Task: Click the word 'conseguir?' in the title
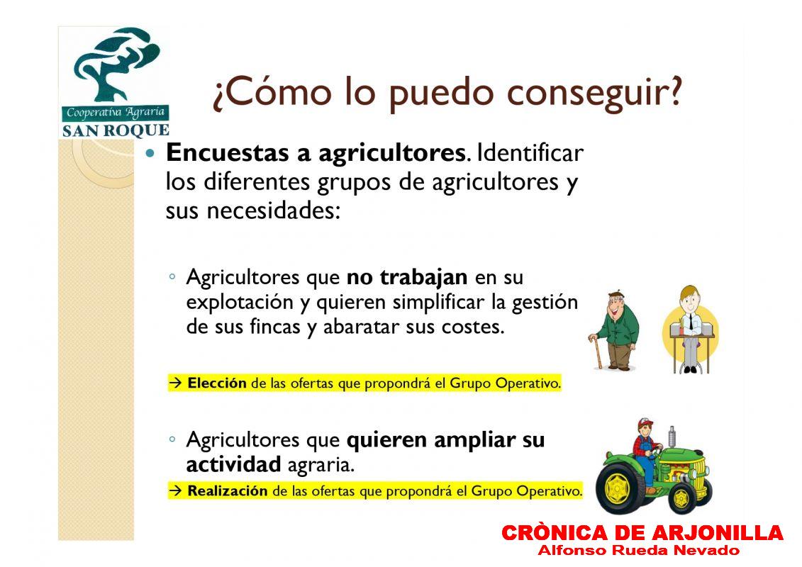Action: [x=595, y=94]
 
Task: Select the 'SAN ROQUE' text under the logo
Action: [x=116, y=131]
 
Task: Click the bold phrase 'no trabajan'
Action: [x=407, y=277]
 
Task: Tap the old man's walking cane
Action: [x=596, y=352]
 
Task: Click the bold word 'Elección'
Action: [x=217, y=383]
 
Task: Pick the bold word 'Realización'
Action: [x=227, y=491]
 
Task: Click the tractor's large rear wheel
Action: [x=620, y=485]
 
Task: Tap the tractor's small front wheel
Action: [x=681, y=495]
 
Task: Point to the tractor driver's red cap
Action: [x=645, y=423]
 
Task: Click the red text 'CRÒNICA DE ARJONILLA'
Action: [x=642, y=533]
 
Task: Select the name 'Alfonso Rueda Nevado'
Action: [x=638, y=550]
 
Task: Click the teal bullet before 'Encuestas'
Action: [x=150, y=153]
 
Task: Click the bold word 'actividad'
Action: [x=233, y=464]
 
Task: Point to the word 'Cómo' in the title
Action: [x=279, y=92]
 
